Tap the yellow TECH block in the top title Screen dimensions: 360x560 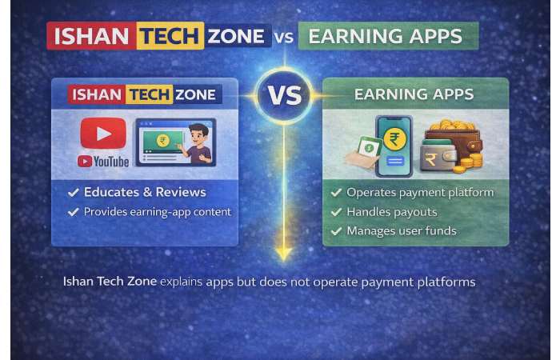pos(170,36)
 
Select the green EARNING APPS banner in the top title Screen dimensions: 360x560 pos(388,36)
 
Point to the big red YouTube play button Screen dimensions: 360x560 pos(103,134)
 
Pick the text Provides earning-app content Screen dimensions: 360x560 pos(158,212)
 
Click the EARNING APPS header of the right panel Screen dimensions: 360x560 pos(414,94)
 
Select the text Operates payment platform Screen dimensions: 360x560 pos(420,193)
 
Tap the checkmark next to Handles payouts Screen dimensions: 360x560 pos(336,212)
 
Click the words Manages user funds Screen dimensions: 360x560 pos(402,231)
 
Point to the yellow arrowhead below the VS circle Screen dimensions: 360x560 pos(282,254)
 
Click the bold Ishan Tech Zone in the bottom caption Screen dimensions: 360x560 pos(110,282)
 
